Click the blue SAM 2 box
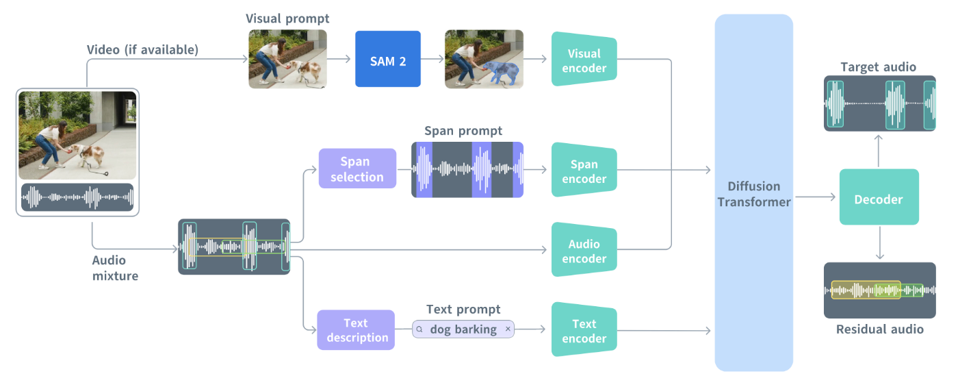click(x=387, y=59)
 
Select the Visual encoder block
click(x=584, y=60)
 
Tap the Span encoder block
click(x=584, y=171)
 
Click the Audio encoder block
click(x=584, y=251)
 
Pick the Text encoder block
click(x=584, y=331)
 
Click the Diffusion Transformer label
click(x=753, y=194)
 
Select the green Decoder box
click(x=879, y=199)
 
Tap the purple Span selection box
click(x=357, y=169)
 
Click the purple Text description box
click(x=356, y=330)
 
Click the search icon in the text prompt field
click(x=419, y=329)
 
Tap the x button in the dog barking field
click(x=508, y=329)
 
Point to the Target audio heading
click(x=879, y=66)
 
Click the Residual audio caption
click(x=879, y=329)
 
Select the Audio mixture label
click(x=115, y=268)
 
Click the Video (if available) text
click(x=142, y=49)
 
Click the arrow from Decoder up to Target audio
click(x=879, y=149)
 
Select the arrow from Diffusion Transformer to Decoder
click(x=816, y=197)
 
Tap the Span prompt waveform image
click(x=467, y=170)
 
